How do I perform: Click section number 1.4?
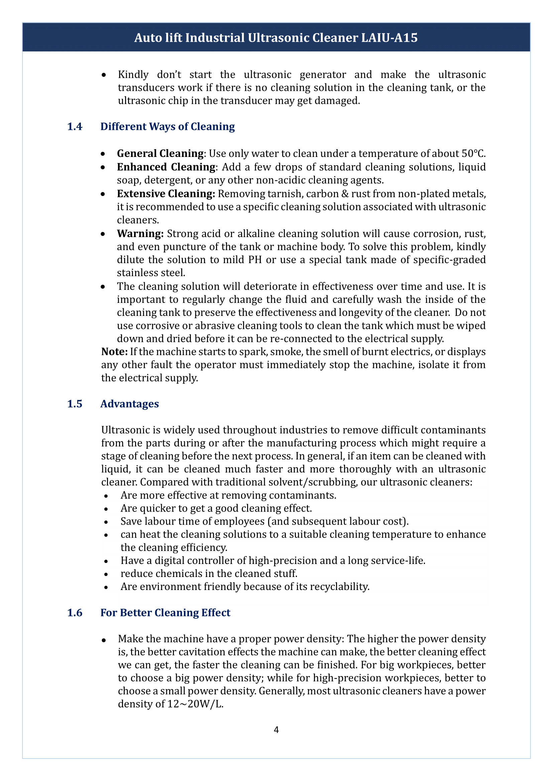(75, 127)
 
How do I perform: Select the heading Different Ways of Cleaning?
(167, 127)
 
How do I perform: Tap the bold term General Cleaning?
(160, 153)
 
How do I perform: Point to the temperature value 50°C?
(473, 153)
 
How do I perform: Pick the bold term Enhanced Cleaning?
(166, 167)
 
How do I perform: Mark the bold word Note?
(114, 351)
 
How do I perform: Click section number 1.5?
(75, 404)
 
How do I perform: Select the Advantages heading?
(129, 404)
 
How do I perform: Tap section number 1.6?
(75, 613)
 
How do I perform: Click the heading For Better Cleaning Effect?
(165, 613)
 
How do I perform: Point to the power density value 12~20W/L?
(195, 704)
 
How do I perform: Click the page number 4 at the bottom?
(276, 730)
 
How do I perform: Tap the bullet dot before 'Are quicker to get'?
(106, 509)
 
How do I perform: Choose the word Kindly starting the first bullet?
(133, 74)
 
